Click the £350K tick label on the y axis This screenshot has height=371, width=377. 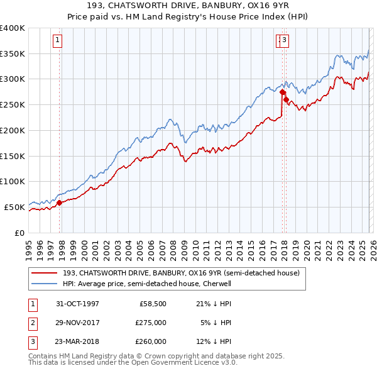(13, 54)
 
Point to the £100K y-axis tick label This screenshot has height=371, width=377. (13, 181)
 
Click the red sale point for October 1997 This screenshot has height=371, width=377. (60, 202)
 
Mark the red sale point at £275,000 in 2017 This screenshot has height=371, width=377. (282, 92)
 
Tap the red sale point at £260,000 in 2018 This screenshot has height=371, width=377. (286, 99)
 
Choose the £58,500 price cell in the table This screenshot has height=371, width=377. (153, 303)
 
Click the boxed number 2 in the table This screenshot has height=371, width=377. (32, 323)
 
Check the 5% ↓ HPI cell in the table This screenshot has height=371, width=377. (216, 323)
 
